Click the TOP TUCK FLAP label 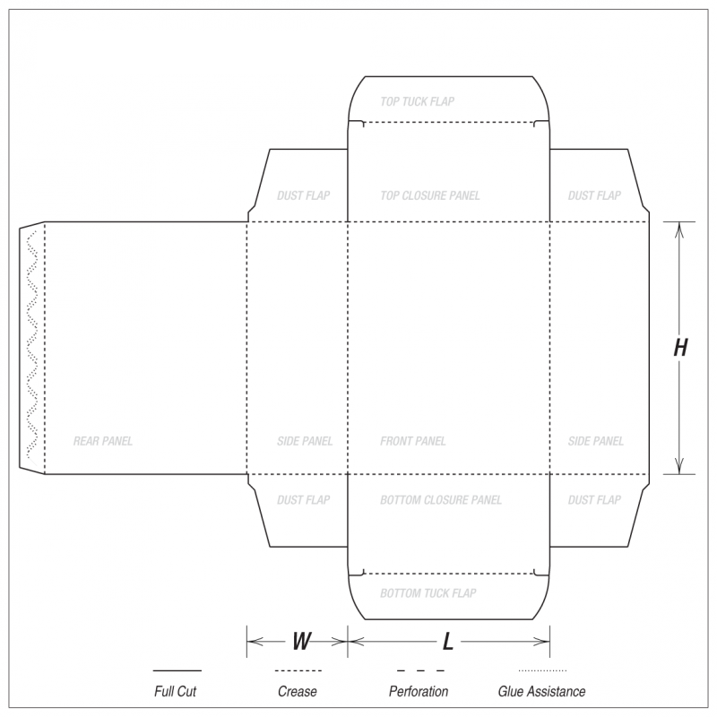click(417, 101)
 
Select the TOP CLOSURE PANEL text click(430, 195)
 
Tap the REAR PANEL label click(103, 441)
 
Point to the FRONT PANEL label click(412, 441)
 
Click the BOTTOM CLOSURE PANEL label click(441, 500)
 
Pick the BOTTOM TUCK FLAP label click(428, 593)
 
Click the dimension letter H click(680, 348)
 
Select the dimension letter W click(301, 641)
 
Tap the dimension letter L click(447, 641)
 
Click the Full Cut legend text click(175, 691)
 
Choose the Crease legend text click(298, 691)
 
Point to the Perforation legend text click(419, 691)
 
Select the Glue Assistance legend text click(541, 691)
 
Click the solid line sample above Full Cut click(177, 670)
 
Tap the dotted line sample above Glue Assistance click(542, 670)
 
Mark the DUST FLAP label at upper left click(303, 195)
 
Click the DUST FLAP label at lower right click(594, 500)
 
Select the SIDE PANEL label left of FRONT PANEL click(305, 441)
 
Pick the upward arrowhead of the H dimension click(679, 230)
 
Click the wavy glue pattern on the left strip click(31, 344)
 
